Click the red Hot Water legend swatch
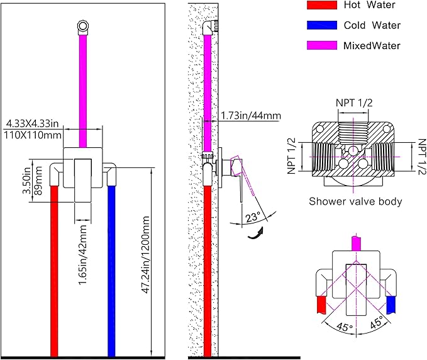point(322,5)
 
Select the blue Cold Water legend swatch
point(322,25)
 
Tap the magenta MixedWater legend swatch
point(322,45)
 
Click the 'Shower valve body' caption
point(355,201)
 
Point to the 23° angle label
point(252,217)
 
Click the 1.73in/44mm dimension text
point(250,116)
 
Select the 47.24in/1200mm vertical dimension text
point(146,255)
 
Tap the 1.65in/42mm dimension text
point(82,255)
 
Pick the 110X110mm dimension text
point(33,135)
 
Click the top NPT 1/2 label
point(354,103)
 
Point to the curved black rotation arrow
point(255,234)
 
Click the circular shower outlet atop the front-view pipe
point(83,26)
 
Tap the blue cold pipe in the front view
point(111,271)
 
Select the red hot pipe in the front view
point(54,271)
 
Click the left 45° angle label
point(345,327)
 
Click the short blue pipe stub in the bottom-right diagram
point(391,305)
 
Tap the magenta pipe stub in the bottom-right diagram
point(357,244)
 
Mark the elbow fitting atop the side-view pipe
point(209,28)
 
